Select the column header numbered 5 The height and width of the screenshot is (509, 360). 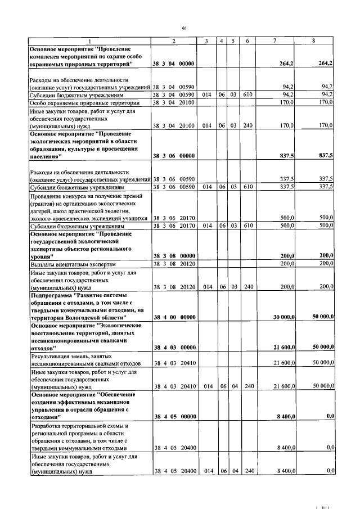[232, 41]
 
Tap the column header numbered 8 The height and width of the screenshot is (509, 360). [313, 41]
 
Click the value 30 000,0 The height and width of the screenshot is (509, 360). [284, 317]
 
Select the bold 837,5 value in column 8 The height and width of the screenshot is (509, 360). [324, 156]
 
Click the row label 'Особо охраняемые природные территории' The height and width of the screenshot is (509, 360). [84, 103]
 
